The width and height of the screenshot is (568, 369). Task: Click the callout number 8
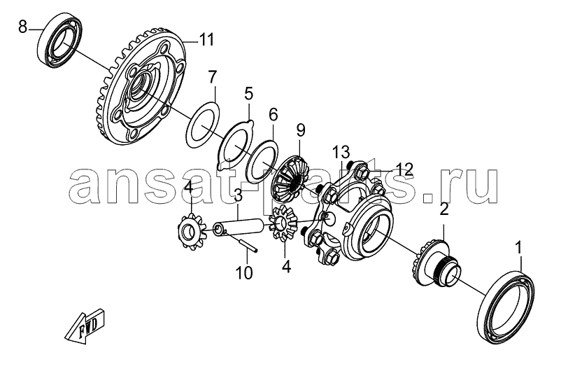click(x=23, y=27)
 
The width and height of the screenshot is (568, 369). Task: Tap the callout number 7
click(x=212, y=77)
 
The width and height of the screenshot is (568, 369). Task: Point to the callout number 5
click(x=248, y=94)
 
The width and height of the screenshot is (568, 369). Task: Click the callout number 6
click(x=273, y=115)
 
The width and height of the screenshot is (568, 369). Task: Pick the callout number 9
click(x=301, y=130)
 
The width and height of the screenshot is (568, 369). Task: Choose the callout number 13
click(x=342, y=152)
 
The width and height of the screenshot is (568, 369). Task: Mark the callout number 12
click(x=404, y=169)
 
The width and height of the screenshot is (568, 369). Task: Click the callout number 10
click(x=245, y=273)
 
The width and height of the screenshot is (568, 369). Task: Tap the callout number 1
click(x=519, y=249)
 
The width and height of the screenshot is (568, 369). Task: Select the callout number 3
click(x=238, y=197)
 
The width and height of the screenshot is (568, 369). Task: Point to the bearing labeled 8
click(x=60, y=41)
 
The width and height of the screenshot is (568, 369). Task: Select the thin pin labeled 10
click(x=241, y=242)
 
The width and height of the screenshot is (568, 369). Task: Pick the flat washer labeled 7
click(x=203, y=125)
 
